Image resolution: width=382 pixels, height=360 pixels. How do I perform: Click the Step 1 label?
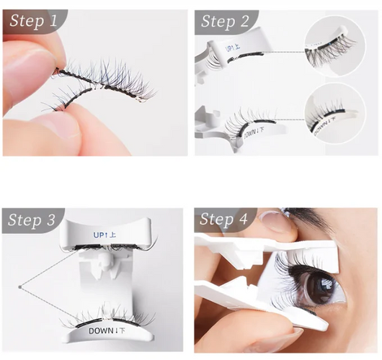click(x=32, y=22)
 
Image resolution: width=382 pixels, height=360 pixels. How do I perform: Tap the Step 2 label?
click(x=224, y=22)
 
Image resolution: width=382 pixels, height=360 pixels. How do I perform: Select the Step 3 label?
click(x=33, y=220)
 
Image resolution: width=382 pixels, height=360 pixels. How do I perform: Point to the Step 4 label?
click(x=224, y=220)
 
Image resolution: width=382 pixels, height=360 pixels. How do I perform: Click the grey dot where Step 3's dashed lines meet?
click(x=19, y=287)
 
